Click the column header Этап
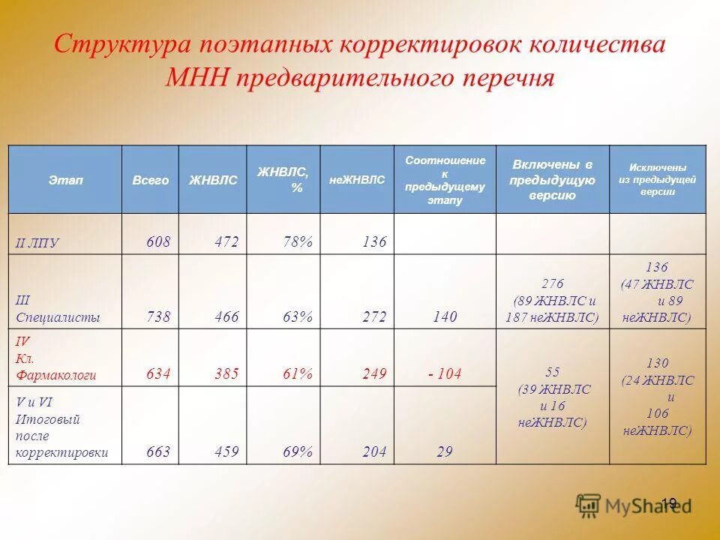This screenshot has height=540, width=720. tap(65, 180)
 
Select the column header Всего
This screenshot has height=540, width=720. tap(150, 181)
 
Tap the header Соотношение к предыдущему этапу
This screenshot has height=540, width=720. tap(445, 180)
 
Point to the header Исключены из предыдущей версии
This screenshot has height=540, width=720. tap(657, 180)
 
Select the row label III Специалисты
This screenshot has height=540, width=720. tap(58, 308)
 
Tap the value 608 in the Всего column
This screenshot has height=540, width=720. tap(158, 241)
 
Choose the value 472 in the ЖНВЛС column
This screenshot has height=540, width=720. tap(226, 241)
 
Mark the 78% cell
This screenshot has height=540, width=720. tap(297, 241)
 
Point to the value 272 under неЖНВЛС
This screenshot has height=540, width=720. tap(373, 317)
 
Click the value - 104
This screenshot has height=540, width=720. tap(445, 373)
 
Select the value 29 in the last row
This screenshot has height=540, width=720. tap(445, 451)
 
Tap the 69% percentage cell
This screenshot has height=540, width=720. tap(297, 451)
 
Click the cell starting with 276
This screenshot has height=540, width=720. tap(553, 300)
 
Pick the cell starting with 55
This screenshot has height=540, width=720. tap(553, 396)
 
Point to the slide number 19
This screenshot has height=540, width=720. tap(670, 502)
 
